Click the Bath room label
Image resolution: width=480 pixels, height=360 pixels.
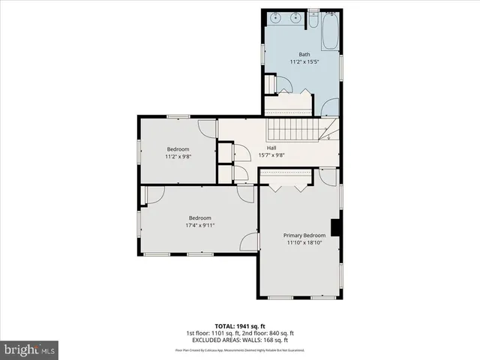[x=304, y=54]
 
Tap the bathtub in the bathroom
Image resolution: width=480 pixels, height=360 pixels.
[x=330, y=29]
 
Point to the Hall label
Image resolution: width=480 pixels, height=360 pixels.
[x=271, y=148]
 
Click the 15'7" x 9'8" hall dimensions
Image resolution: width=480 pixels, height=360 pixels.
[x=271, y=156]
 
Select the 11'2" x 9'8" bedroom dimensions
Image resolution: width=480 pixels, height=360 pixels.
[x=178, y=157]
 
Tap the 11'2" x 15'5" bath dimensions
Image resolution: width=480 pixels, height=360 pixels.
[x=304, y=62]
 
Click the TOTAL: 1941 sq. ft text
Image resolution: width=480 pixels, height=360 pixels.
[x=239, y=326]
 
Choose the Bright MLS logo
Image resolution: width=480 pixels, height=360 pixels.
[x=29, y=349]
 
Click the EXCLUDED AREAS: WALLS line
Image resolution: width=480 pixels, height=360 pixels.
[x=239, y=340]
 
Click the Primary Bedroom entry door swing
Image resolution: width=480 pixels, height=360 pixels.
[x=327, y=178]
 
